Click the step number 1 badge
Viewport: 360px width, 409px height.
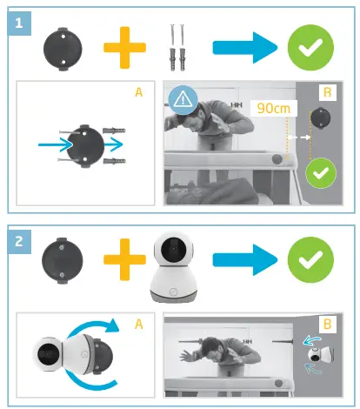17,23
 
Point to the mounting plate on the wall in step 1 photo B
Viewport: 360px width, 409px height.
323,117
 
